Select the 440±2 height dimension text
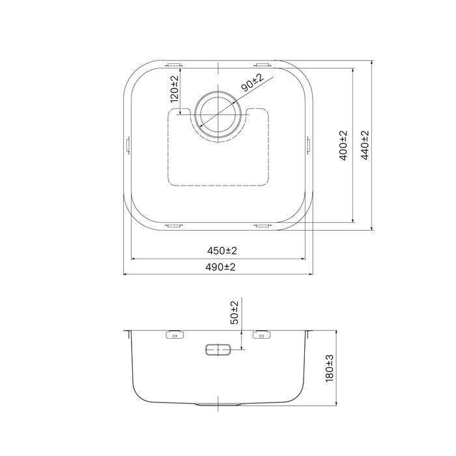click(365, 145)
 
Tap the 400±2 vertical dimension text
click(343, 145)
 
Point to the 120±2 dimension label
click(174, 89)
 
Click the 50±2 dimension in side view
click(235, 313)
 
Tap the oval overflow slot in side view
click(218, 349)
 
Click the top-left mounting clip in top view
click(175, 64)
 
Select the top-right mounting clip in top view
click(263, 64)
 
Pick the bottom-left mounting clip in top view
click(175, 226)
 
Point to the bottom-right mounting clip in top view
click(263, 226)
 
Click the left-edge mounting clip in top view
click(128, 145)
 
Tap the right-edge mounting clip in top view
click(308, 145)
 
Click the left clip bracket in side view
click(175, 335)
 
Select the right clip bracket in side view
click(262, 335)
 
